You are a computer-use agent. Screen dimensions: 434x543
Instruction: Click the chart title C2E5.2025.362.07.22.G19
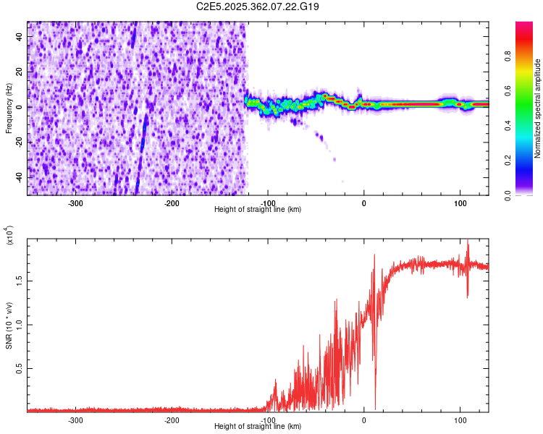(x=258, y=7)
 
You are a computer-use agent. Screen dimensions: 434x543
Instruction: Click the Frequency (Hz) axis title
(x=9, y=109)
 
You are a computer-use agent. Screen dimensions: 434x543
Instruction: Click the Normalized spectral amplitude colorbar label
(x=538, y=109)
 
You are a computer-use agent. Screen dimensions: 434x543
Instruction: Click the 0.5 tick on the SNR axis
(x=20, y=367)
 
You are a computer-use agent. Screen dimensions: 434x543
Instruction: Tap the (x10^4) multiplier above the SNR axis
(x=9, y=235)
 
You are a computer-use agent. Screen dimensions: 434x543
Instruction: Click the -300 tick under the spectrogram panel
(x=76, y=203)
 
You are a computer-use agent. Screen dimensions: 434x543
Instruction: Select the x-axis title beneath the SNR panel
(x=258, y=427)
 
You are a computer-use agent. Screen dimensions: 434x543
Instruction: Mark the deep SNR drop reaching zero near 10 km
(x=375, y=407)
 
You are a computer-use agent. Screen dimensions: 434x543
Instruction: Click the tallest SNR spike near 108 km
(x=468, y=242)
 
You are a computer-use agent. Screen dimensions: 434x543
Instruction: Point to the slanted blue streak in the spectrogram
(x=142, y=145)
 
